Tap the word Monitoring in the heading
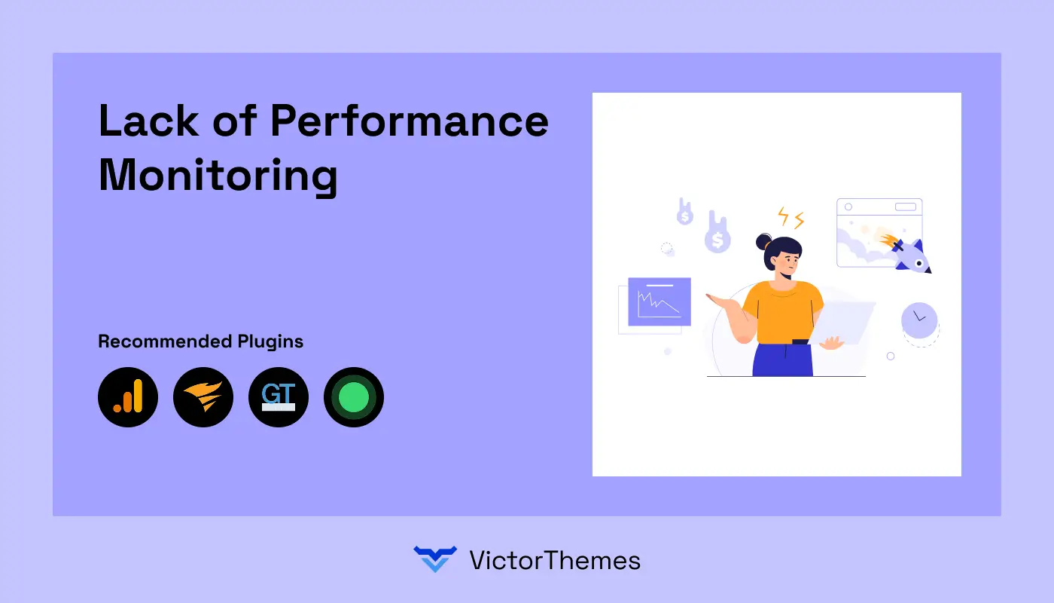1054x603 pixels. click(218, 176)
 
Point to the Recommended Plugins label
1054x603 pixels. click(200, 341)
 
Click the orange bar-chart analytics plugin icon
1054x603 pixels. click(128, 397)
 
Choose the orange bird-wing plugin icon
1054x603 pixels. click(203, 397)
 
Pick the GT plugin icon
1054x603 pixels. click(279, 397)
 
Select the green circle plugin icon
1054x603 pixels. click(354, 397)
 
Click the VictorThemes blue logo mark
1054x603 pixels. click(435, 559)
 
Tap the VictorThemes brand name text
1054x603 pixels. click(555, 560)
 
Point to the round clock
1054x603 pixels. click(919, 320)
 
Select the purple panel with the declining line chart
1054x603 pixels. click(660, 301)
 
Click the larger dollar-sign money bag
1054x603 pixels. click(717, 235)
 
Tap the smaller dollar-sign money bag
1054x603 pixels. click(684, 213)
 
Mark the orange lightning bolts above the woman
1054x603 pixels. click(790, 218)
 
